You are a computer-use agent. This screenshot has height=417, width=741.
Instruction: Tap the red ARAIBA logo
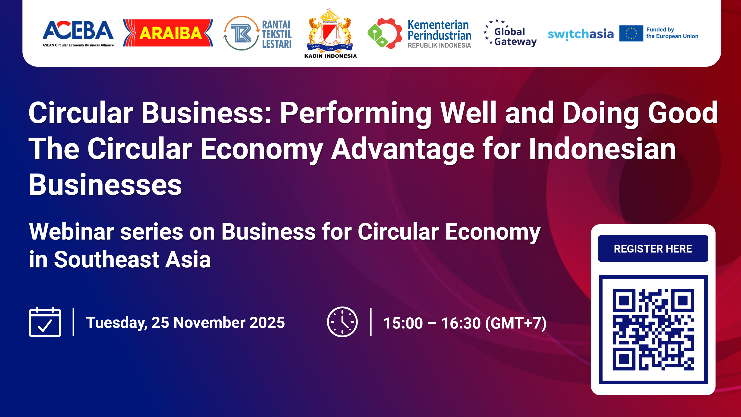point(168,33)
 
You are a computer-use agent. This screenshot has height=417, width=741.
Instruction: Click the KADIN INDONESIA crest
point(330,32)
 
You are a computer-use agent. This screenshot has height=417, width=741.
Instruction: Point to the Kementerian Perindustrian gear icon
point(385,33)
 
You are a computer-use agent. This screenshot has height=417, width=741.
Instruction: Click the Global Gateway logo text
point(515,37)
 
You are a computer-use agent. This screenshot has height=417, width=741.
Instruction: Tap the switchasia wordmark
point(581,34)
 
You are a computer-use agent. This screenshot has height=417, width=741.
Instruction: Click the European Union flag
point(631,33)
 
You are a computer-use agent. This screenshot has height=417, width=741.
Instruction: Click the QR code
point(653,329)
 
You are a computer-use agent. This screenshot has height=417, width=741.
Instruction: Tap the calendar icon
point(45,322)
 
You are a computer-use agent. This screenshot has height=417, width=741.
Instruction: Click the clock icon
point(342,322)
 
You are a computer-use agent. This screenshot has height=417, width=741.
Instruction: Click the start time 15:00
point(403,323)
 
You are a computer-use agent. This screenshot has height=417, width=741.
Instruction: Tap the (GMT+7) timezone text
point(515,323)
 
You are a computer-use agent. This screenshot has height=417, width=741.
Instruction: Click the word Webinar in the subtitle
point(72,232)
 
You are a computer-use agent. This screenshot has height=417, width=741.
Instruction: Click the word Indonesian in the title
point(602,149)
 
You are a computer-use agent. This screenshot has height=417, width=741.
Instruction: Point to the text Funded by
point(660,30)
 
